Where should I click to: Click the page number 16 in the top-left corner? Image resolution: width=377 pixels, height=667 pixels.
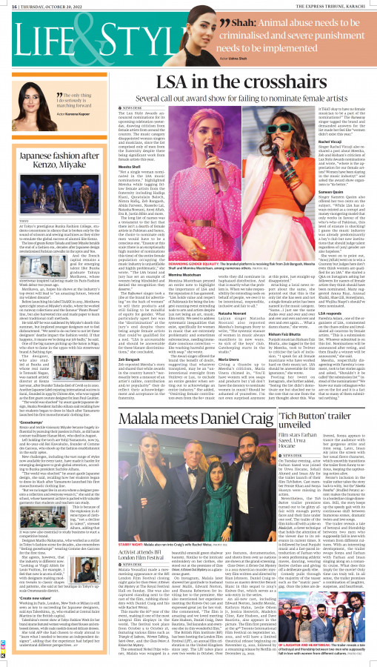(7, 4)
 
